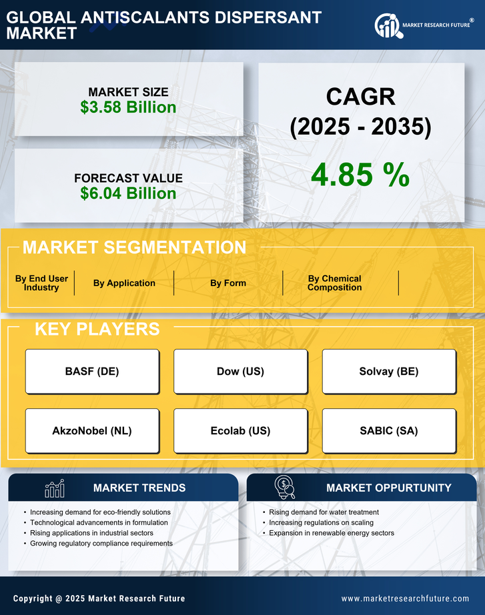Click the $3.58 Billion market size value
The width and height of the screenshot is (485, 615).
coord(128,107)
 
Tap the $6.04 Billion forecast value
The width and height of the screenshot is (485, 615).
coord(128,193)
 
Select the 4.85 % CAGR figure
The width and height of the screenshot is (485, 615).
coord(360,175)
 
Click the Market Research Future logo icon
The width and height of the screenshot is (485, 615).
coord(388,25)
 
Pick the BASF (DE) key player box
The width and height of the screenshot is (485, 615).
coord(92,372)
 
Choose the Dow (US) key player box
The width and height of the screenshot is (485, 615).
coord(240,372)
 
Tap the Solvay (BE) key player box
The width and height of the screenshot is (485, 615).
coord(389,372)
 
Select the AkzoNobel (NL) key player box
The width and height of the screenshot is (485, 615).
coord(92,431)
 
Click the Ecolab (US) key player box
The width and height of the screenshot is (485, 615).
coord(240,431)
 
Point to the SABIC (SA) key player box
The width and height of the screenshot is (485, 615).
coord(389,431)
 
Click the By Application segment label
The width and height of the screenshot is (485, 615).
coord(124,283)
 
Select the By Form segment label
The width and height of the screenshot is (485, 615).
coord(228,283)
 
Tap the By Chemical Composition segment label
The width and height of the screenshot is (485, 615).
coord(334,283)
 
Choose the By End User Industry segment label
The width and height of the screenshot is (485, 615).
coord(41,283)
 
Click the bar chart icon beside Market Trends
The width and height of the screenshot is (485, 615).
coord(55,488)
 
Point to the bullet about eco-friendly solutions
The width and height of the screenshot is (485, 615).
coord(101,512)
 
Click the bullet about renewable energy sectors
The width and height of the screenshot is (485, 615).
coord(332,534)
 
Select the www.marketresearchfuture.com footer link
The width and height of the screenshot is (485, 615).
coord(405,598)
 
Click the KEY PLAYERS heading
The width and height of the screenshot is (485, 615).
coord(97,329)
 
